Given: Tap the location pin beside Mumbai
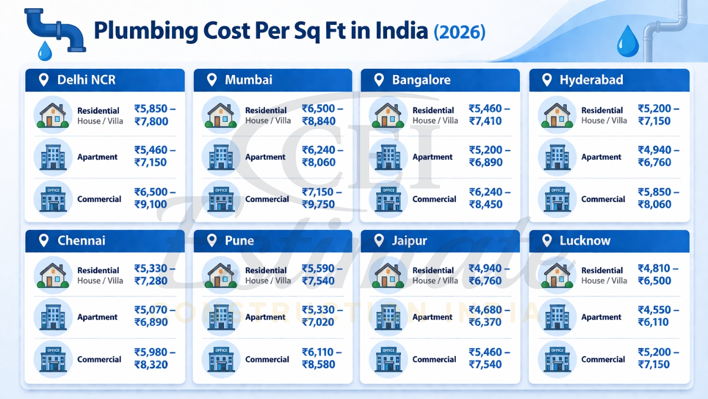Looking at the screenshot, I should click(x=211, y=80).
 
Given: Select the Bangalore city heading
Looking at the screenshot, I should click(x=421, y=80).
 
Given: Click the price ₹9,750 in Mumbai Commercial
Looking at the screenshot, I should click(x=318, y=204).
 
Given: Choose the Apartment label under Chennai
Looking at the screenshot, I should click(x=97, y=317).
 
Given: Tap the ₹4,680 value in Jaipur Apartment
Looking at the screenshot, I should click(x=485, y=310).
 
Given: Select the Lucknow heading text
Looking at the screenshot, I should click(x=585, y=241).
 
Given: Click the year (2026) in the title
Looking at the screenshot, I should click(x=460, y=31).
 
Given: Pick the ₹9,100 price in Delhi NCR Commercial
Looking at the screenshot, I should click(x=150, y=204).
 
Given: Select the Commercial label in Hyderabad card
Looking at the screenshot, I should click(x=603, y=199).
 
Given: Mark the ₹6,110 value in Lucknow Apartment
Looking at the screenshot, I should click(x=654, y=323).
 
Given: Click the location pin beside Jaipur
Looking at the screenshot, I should click(x=379, y=241).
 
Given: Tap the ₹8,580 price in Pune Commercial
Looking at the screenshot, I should click(x=318, y=365).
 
